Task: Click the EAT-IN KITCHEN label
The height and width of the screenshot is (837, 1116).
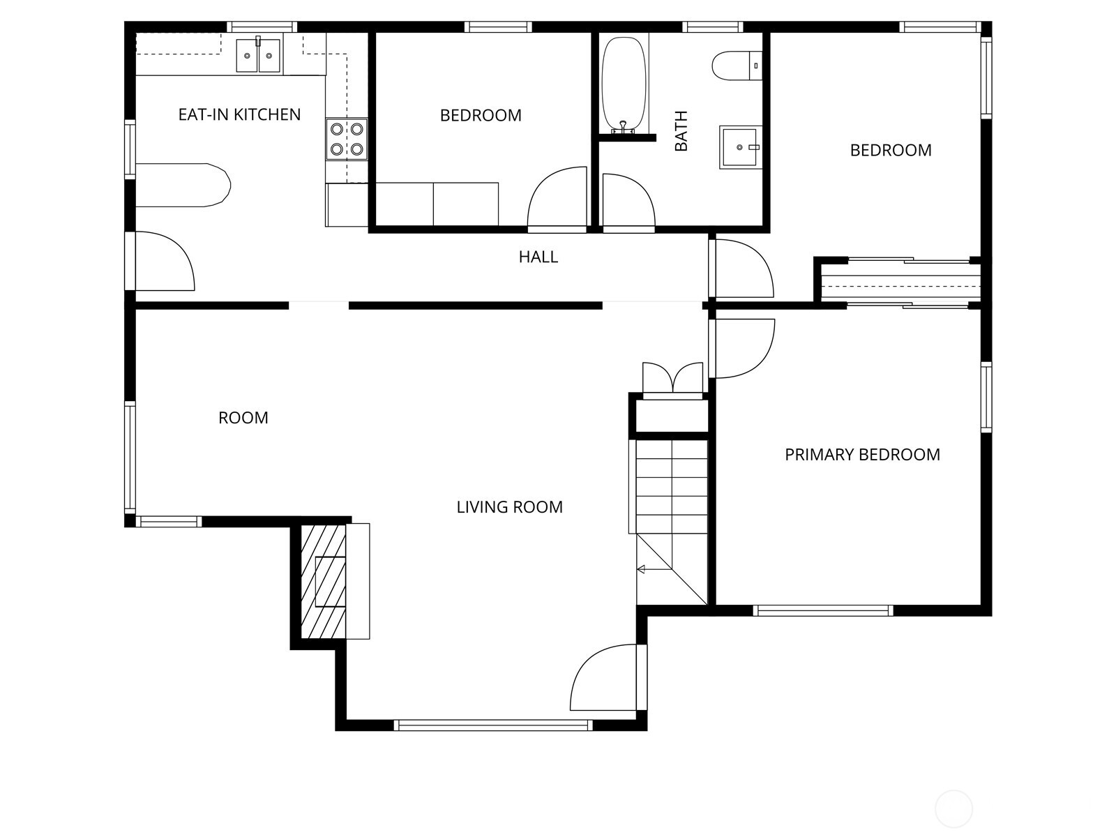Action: click(239, 114)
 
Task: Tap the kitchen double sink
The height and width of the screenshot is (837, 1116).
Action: click(258, 56)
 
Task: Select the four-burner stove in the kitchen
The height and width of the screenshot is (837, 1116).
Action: click(347, 139)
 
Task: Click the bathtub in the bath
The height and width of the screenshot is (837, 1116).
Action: click(624, 84)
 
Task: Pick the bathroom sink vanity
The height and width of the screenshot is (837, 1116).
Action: click(739, 147)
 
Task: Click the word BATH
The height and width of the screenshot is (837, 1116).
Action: click(681, 130)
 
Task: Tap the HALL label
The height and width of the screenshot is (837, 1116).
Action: click(538, 257)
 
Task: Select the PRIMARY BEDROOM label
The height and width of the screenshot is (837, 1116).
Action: click(862, 455)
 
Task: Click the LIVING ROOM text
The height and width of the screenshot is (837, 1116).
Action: click(509, 507)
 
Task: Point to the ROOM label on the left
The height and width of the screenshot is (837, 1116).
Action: click(243, 418)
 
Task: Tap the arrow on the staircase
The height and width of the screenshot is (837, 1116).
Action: click(642, 569)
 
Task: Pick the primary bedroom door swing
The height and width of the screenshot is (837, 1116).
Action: click(741, 347)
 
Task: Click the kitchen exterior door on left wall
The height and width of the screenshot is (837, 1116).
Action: click(162, 261)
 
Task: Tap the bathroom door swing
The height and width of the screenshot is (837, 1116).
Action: click(627, 202)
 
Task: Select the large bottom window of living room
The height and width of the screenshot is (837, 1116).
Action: click(493, 725)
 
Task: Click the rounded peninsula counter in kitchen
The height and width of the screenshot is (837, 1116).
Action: click(183, 186)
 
